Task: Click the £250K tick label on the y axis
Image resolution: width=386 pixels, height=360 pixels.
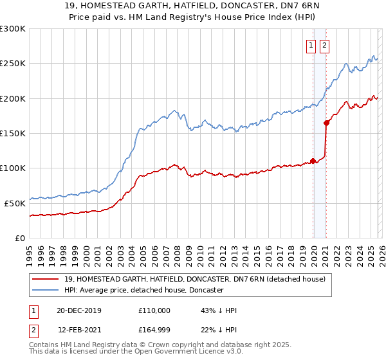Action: click(13, 64)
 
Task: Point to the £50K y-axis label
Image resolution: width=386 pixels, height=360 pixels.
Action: click(15, 203)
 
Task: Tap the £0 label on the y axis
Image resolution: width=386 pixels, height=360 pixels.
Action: click(19, 238)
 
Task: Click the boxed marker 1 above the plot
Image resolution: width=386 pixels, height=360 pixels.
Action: click(311, 45)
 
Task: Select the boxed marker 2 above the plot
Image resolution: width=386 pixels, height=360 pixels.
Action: click(324, 45)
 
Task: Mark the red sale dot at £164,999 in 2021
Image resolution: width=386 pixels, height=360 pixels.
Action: click(326, 123)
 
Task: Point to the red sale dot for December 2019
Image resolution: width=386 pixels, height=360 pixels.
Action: click(313, 161)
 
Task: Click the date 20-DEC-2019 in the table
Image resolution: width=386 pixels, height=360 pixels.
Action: click(84, 310)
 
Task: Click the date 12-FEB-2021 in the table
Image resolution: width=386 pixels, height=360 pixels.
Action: click(84, 330)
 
